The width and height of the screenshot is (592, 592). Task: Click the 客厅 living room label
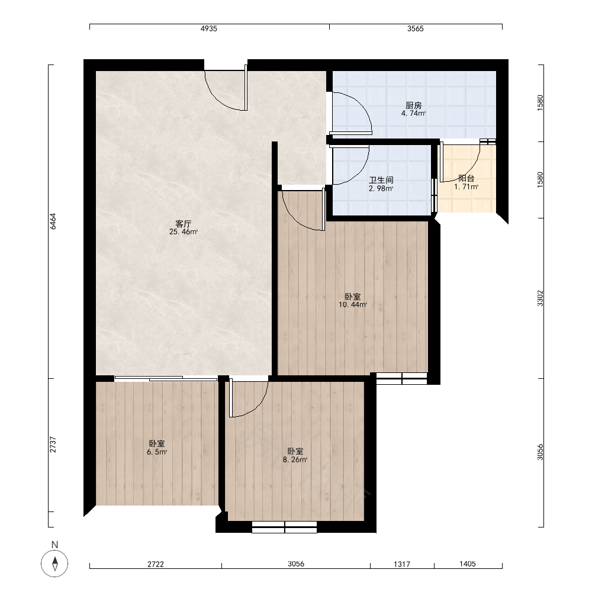pyautogui.click(x=184, y=224)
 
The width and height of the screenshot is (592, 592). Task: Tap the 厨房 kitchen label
pyautogui.click(x=413, y=105)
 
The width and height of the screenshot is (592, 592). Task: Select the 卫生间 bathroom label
pyautogui.click(x=381, y=180)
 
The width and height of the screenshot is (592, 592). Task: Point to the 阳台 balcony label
pyautogui.click(x=466, y=179)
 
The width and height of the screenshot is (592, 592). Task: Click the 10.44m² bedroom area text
pyautogui.click(x=353, y=305)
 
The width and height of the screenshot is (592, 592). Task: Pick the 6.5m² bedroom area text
pyautogui.click(x=157, y=452)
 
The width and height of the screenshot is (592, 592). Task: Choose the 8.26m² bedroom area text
pyautogui.click(x=295, y=460)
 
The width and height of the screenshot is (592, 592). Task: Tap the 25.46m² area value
pyautogui.click(x=184, y=232)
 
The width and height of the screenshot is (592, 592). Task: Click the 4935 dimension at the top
pyautogui.click(x=209, y=28)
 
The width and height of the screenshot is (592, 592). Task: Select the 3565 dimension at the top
pyautogui.click(x=416, y=28)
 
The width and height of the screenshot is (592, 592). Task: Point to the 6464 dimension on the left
pyautogui.click(x=53, y=221)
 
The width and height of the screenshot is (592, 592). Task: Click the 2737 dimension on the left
pyautogui.click(x=53, y=445)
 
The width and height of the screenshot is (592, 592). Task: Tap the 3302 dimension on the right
pyautogui.click(x=540, y=298)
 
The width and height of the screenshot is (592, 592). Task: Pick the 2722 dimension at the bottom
pyautogui.click(x=156, y=564)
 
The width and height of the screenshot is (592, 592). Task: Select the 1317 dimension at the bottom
pyautogui.click(x=402, y=564)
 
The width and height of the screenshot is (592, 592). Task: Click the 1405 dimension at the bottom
pyautogui.click(x=468, y=564)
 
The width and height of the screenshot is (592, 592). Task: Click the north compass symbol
pyautogui.click(x=54, y=564)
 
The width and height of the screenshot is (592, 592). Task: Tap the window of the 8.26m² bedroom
pyautogui.click(x=284, y=527)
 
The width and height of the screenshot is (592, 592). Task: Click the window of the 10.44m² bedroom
pyautogui.click(x=402, y=379)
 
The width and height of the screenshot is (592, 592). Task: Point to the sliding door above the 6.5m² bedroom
pyautogui.click(x=166, y=378)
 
